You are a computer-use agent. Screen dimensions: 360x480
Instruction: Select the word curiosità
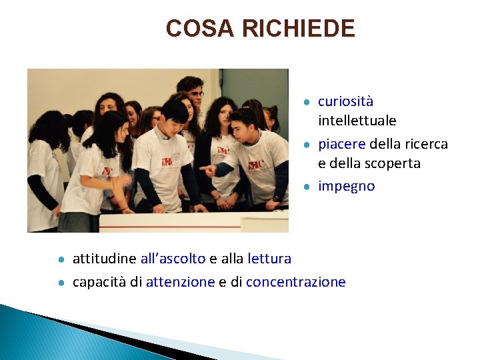click(x=345, y=102)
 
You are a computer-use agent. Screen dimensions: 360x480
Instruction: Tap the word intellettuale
click(x=357, y=121)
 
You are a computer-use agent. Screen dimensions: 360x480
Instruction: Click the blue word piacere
click(x=341, y=145)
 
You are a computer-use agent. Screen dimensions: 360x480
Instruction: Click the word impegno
click(x=346, y=186)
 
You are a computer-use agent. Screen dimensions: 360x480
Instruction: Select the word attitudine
click(x=104, y=258)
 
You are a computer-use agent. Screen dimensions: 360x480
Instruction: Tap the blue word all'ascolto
click(x=173, y=258)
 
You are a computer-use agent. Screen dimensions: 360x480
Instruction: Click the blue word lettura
click(x=269, y=258)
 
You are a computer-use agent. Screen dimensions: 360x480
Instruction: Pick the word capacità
click(x=99, y=282)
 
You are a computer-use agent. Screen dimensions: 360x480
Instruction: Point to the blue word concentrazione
click(x=295, y=282)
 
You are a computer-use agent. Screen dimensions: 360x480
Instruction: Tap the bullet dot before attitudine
click(x=61, y=259)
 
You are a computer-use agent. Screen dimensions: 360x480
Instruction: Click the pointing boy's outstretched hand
click(x=207, y=171)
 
